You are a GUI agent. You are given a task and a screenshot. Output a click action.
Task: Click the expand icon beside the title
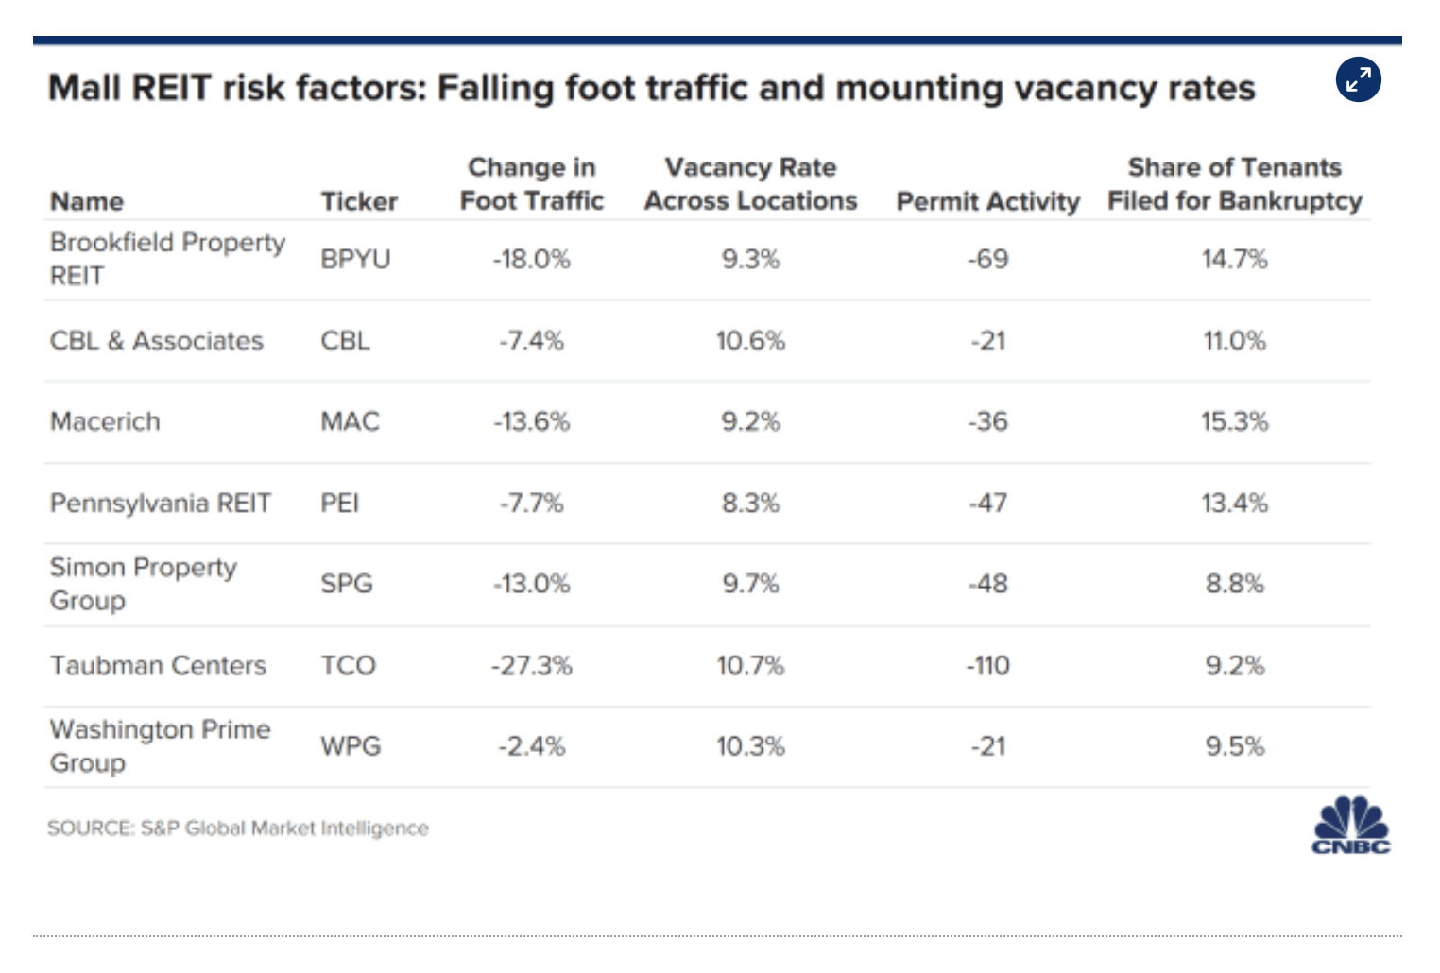[1358, 80]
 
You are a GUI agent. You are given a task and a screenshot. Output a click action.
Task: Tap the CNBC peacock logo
[1351, 826]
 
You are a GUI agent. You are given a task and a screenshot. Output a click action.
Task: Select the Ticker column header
[359, 201]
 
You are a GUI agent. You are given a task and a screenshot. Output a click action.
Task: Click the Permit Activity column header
[987, 201]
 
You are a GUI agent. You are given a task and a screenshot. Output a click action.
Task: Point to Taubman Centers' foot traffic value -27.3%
[531, 666]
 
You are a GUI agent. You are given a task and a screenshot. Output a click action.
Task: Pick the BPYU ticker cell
[355, 259]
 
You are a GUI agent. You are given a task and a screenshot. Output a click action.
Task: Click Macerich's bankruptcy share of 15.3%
[1234, 421]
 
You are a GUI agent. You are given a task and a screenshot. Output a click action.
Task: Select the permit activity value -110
[987, 666]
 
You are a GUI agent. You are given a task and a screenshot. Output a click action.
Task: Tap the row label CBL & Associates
[157, 341]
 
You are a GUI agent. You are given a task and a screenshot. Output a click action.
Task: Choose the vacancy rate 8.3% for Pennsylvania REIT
[750, 504]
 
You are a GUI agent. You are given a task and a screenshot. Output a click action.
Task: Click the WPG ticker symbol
[351, 747]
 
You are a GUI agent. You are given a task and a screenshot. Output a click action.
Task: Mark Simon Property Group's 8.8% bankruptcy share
[1234, 584]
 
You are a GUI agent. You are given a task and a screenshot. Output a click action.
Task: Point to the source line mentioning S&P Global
[238, 828]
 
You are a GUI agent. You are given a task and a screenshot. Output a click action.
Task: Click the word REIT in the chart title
[171, 89]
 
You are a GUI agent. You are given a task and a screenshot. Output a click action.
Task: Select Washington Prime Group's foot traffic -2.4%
[531, 747]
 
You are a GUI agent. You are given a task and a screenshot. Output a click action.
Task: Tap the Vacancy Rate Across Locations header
[750, 184]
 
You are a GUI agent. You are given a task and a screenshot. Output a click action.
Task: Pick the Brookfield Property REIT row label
[167, 259]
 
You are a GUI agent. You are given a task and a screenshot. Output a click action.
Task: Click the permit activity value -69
[987, 259]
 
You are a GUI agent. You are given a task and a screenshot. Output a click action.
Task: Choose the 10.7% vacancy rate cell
[750, 666]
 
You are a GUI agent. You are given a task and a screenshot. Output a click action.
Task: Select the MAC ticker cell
[350, 421]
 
